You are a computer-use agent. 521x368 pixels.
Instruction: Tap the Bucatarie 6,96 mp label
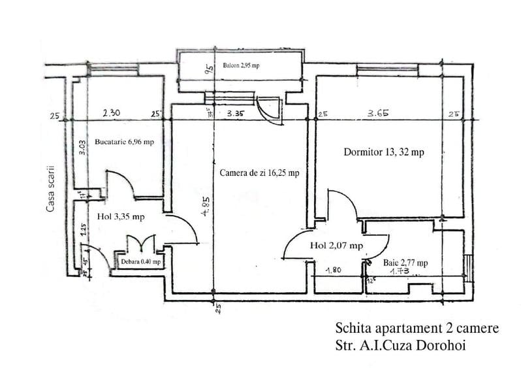[x=124, y=142]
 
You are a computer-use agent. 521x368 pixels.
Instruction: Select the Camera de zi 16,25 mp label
[x=260, y=173]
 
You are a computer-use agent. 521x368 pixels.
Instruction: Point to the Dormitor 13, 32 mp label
[x=383, y=152]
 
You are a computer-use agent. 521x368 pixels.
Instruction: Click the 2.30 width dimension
[x=111, y=112]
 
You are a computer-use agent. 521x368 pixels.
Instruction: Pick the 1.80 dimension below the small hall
[x=334, y=269]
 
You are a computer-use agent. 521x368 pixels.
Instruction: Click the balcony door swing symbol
[x=269, y=109]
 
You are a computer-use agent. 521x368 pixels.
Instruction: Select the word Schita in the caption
[x=351, y=327]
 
